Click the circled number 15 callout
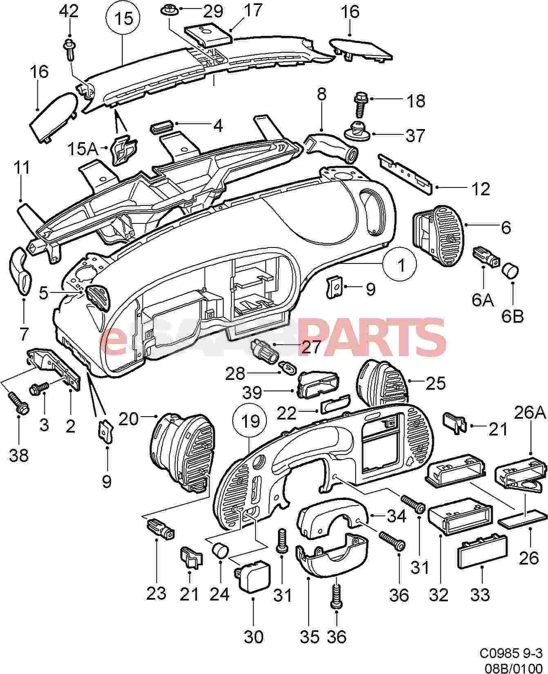coord(123,19)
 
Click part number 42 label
coord(69,11)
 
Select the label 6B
coord(512,316)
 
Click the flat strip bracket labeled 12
coord(406,172)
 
